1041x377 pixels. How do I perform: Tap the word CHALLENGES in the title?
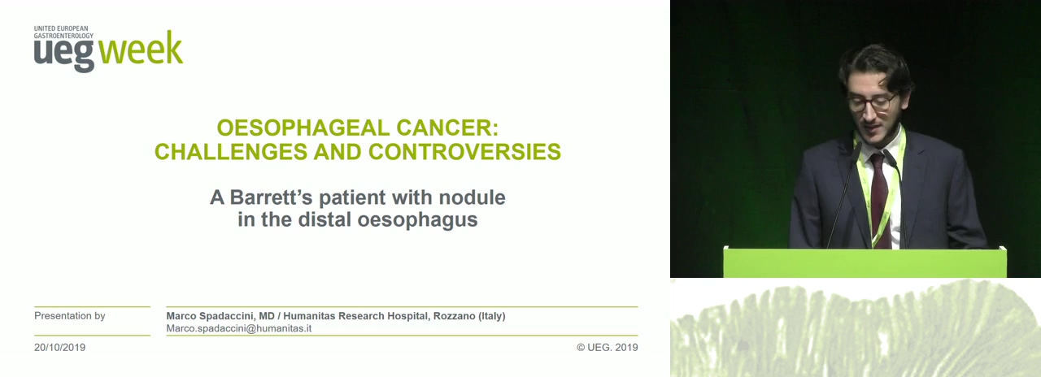click(x=231, y=151)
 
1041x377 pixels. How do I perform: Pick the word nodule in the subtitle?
click(x=473, y=197)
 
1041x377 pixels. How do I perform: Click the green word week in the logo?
click(x=141, y=48)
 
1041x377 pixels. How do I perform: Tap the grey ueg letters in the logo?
click(x=63, y=54)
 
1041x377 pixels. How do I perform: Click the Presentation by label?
click(x=70, y=316)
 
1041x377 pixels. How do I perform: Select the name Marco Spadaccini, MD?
click(x=220, y=316)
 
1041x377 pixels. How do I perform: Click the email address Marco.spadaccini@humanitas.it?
click(x=239, y=328)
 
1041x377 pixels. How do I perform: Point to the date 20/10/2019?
click(x=59, y=347)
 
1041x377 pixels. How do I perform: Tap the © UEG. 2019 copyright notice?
click(x=608, y=347)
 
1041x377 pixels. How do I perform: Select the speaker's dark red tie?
click(x=880, y=200)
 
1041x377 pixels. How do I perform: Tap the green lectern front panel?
click(x=865, y=263)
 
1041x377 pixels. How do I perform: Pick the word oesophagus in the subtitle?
click(x=417, y=219)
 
